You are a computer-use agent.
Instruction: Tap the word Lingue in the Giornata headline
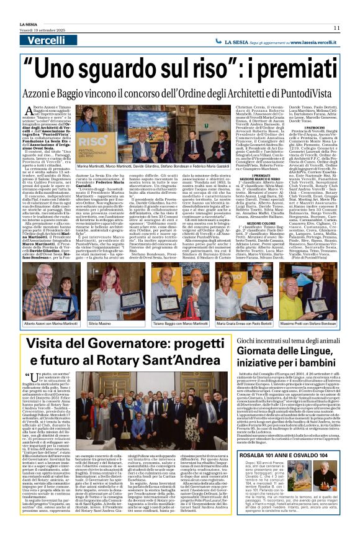pyautogui.click(x=295, y=352)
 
